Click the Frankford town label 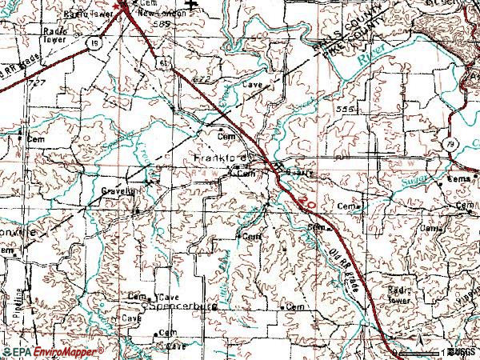tap(216, 158)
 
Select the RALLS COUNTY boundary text tap(335, 35)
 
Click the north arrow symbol tap(191, 6)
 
